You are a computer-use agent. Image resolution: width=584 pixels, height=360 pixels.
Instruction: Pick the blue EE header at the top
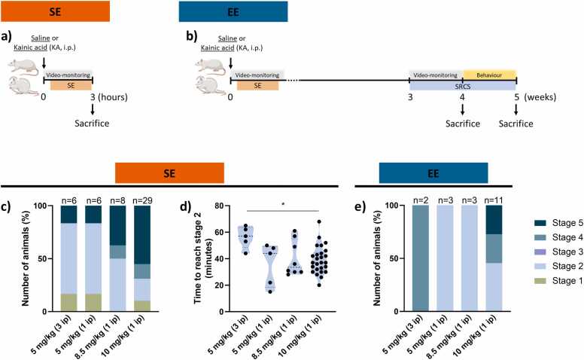pos(233,11)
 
